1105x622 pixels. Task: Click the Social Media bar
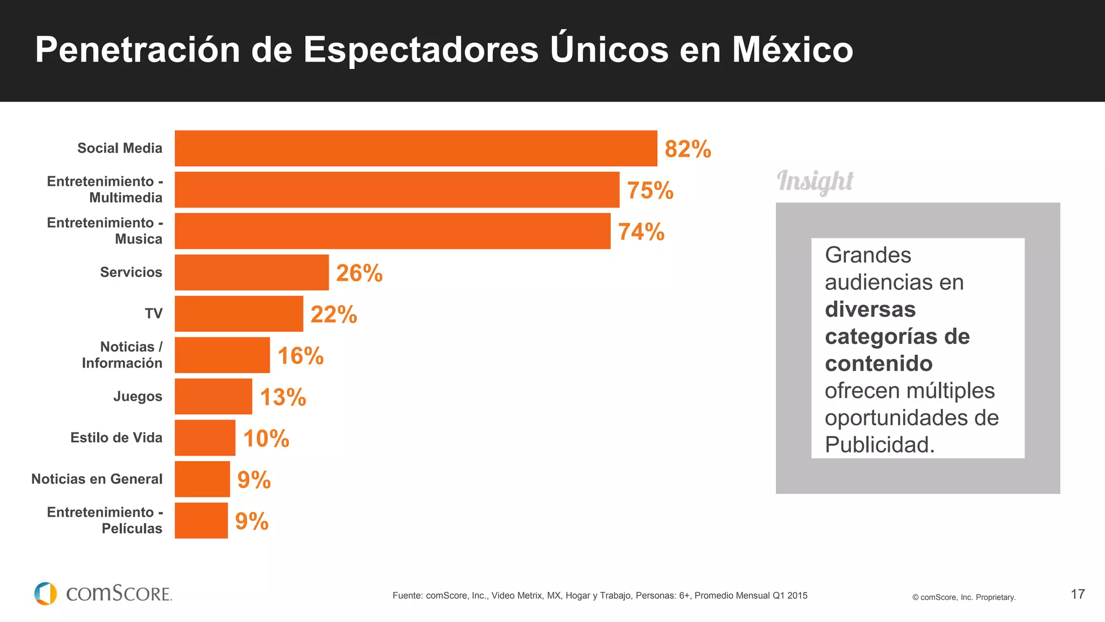point(415,148)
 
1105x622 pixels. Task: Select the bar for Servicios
point(251,272)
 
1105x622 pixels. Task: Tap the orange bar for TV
point(238,314)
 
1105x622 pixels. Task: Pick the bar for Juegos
point(213,396)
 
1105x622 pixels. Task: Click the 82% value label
point(687,149)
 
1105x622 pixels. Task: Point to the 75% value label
point(650,191)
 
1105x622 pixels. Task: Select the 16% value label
point(300,356)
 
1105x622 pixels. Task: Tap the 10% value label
point(266,438)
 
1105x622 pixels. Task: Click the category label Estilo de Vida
point(116,437)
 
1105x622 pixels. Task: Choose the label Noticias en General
point(97,479)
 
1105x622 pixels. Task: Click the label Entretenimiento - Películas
point(105,520)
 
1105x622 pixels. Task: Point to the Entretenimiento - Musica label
point(105,231)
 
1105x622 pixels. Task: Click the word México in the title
point(792,50)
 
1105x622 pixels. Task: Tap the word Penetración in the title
point(137,50)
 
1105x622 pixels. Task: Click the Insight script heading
point(815,181)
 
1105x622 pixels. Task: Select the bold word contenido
point(878,363)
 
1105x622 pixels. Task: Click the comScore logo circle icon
point(45,593)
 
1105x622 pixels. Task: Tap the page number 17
point(1077,594)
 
